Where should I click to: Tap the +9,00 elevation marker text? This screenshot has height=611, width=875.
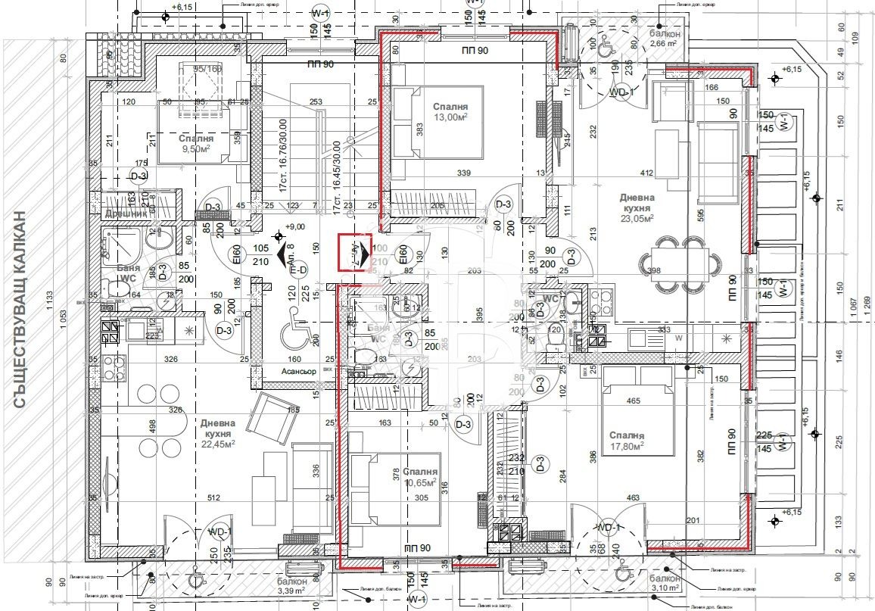(x=293, y=226)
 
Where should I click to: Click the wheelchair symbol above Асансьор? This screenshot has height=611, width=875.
(x=291, y=335)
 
